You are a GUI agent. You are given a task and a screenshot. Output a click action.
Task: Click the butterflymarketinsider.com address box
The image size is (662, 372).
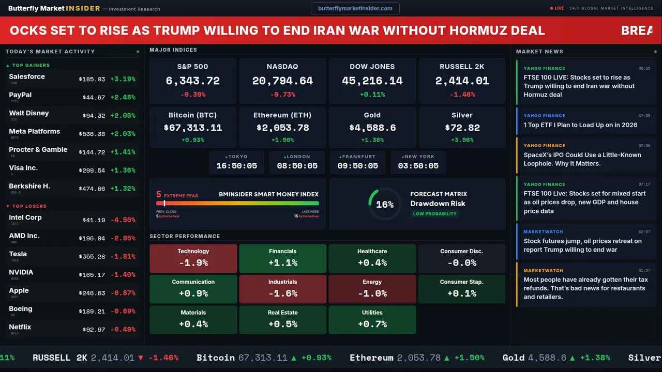point(355,8)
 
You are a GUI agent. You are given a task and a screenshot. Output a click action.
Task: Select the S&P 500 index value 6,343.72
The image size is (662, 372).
point(192,81)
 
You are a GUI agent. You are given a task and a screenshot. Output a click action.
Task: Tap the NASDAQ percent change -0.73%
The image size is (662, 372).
point(282,95)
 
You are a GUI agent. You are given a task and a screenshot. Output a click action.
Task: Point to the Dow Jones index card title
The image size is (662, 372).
point(372,67)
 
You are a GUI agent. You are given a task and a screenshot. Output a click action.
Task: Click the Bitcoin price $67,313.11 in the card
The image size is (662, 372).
point(192,128)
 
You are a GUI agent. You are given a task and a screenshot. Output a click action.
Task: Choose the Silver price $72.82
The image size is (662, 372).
point(462,128)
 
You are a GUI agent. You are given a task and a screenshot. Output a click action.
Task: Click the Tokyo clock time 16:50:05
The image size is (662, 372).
point(236,166)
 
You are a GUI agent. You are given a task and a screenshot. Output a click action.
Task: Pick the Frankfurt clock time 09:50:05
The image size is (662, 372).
point(357,166)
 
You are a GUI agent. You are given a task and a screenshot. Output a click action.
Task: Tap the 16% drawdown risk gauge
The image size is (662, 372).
point(384,204)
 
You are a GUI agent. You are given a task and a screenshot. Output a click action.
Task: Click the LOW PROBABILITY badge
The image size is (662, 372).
point(434,214)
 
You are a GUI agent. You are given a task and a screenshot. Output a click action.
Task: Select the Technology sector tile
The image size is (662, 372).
point(193,258)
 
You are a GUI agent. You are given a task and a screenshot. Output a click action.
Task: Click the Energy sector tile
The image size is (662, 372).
point(372,289)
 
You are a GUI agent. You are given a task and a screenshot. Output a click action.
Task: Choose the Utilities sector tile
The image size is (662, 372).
point(372,319)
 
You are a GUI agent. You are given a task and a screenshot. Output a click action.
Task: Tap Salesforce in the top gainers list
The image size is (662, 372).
point(27,77)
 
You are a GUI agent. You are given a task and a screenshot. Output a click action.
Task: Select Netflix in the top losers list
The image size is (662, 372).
point(20,327)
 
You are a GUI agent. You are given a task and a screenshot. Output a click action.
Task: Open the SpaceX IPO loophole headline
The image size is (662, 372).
point(582,159)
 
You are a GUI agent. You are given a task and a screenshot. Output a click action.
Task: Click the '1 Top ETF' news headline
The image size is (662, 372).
point(580,125)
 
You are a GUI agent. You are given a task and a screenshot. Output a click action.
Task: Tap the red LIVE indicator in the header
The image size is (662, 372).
point(558,8)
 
